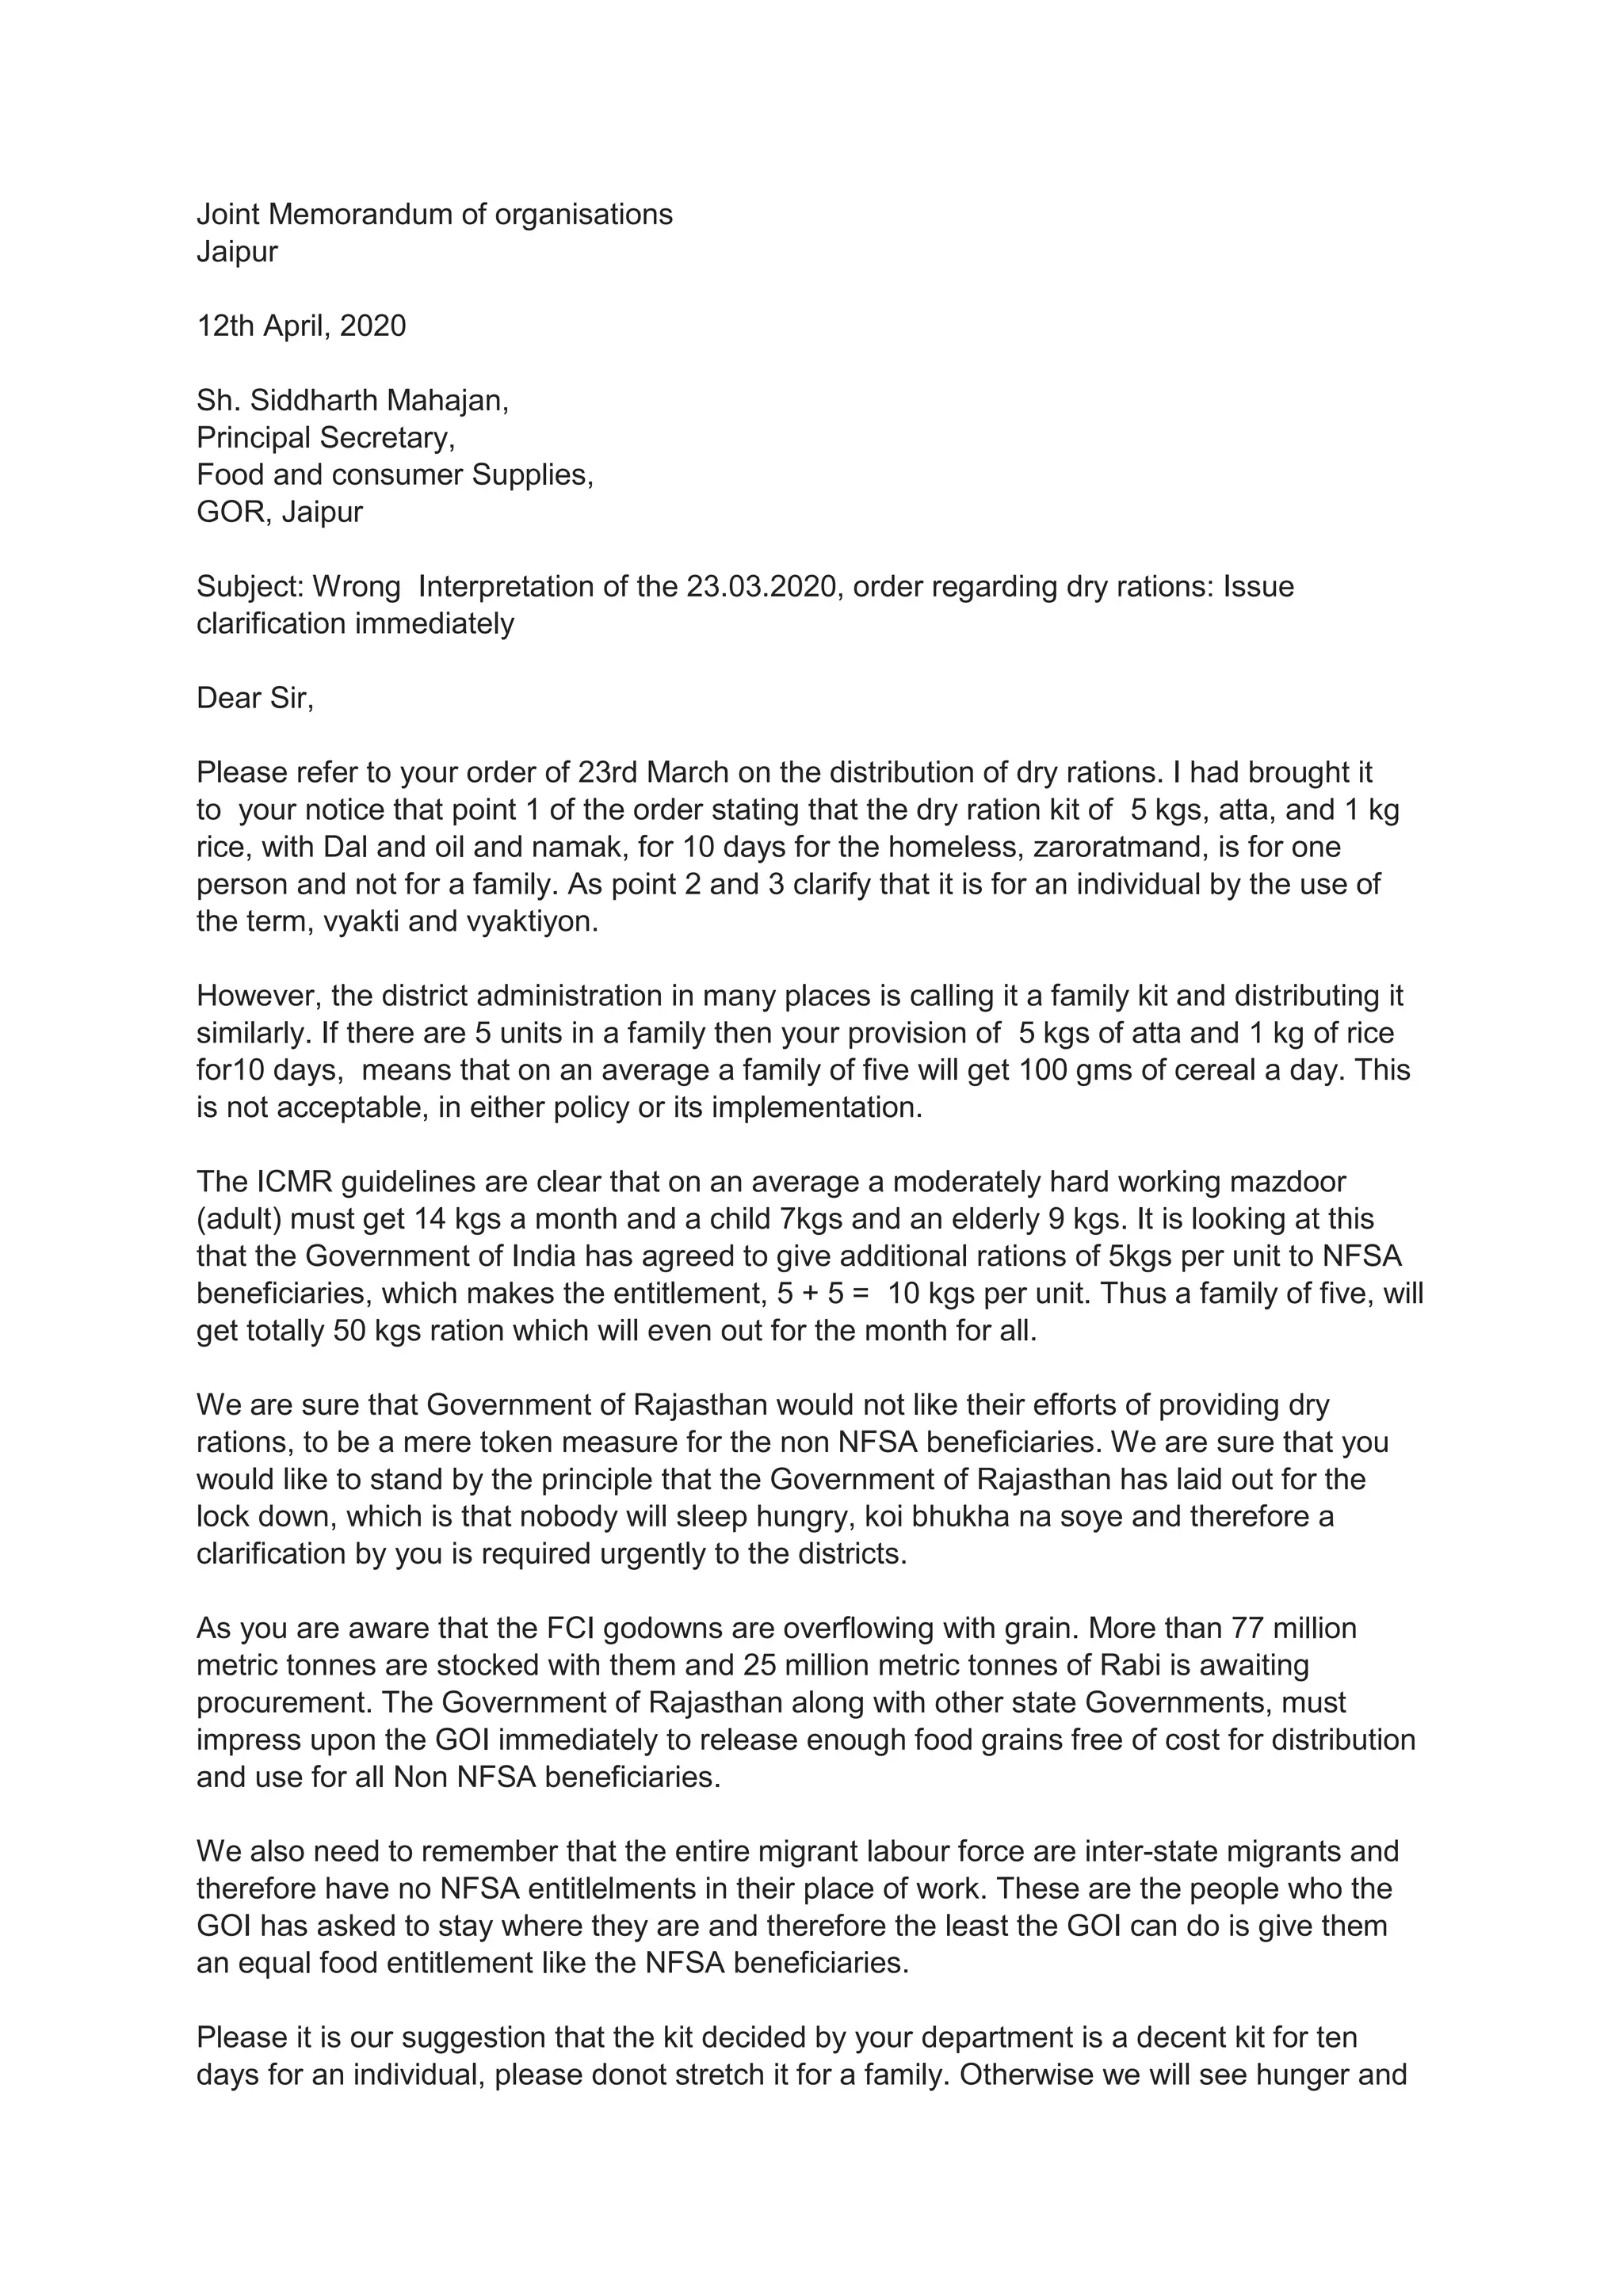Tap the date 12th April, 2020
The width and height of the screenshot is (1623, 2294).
(301, 326)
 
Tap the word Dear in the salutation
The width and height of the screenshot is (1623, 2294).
(226, 697)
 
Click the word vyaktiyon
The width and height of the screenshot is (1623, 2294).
(532, 921)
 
